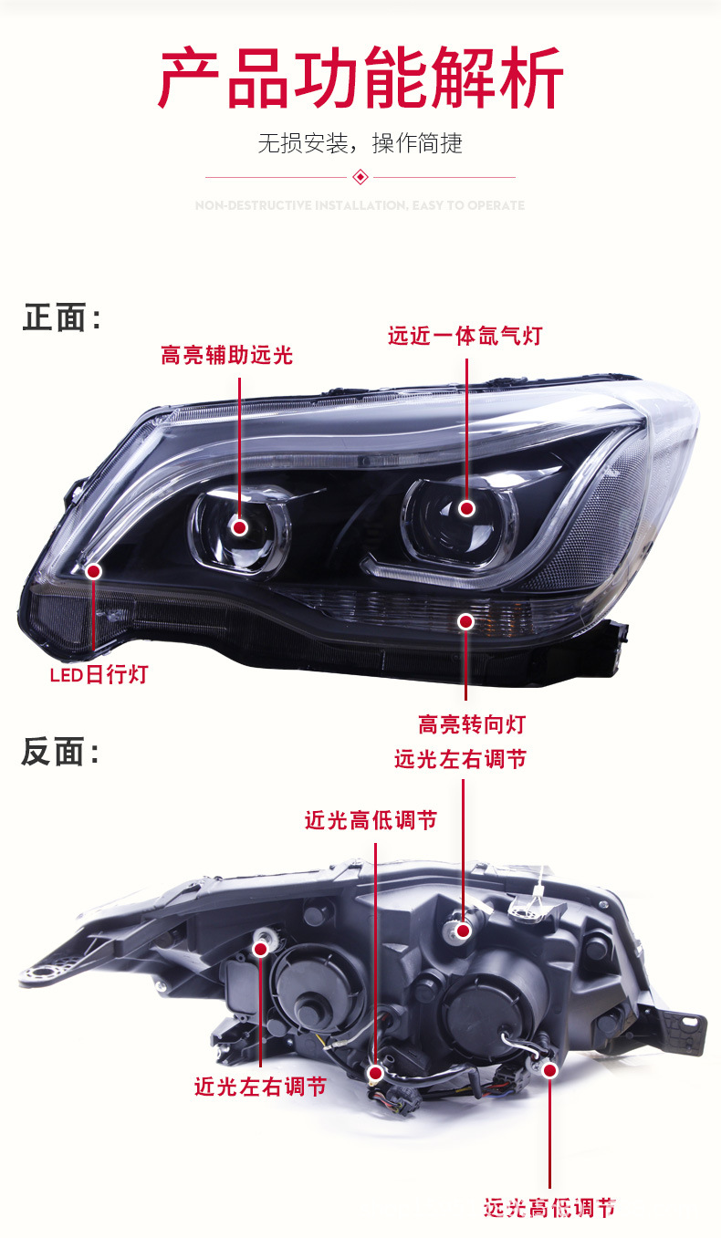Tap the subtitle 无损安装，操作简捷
click(x=360, y=142)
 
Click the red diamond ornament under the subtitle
click(x=360, y=176)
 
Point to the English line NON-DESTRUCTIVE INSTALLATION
click(x=360, y=206)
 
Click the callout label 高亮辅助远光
click(x=226, y=355)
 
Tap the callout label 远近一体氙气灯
click(x=465, y=336)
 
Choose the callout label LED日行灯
click(x=99, y=675)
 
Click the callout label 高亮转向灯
click(x=472, y=724)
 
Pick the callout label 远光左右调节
click(x=460, y=759)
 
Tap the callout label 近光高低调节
click(x=371, y=821)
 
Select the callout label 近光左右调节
click(x=260, y=1087)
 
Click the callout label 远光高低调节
click(x=550, y=1208)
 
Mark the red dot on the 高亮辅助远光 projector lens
click(x=240, y=526)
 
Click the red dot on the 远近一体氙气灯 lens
click(x=466, y=508)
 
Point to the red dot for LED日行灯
click(x=93, y=571)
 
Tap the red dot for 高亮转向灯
click(x=465, y=621)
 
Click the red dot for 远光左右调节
click(x=463, y=930)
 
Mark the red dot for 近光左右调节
click(x=260, y=949)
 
